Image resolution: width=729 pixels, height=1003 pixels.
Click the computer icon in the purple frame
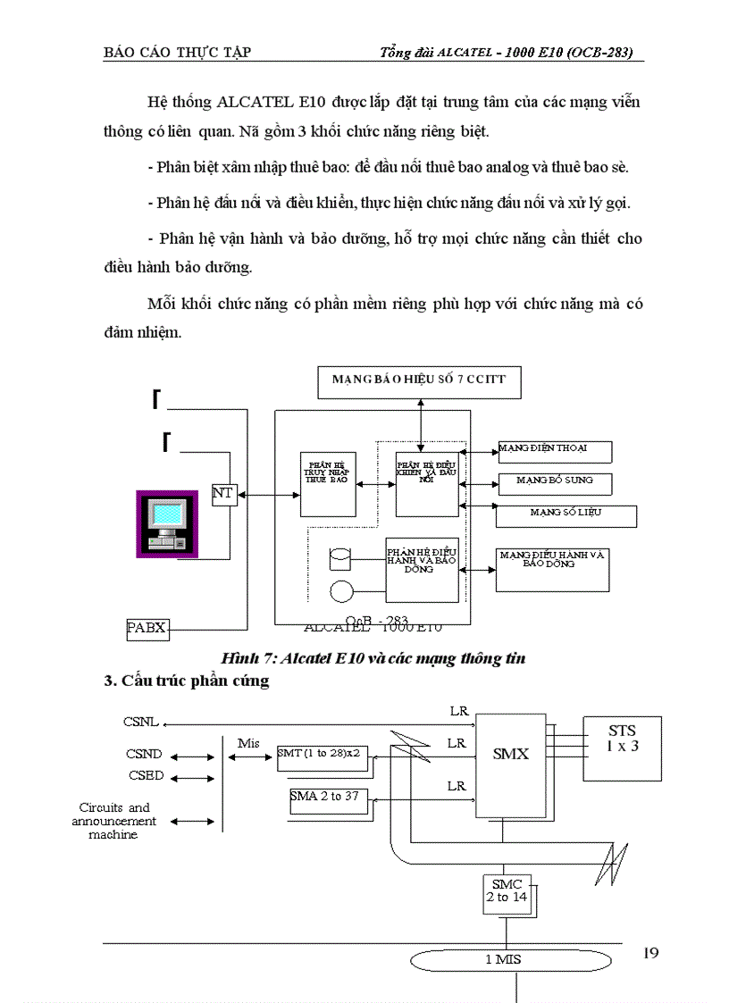167,524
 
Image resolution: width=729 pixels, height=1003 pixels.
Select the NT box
224,493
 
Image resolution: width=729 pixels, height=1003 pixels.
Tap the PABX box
147,628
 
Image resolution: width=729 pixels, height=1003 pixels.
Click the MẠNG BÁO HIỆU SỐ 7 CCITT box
419,380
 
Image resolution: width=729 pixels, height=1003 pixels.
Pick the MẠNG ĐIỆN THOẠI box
554,450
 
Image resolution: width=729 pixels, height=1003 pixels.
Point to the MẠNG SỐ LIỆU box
566,515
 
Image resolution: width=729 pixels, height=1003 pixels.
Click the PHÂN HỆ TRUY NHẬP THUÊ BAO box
327,483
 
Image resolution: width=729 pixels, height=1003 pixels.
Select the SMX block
511,753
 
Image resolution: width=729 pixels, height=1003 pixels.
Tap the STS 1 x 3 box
623,734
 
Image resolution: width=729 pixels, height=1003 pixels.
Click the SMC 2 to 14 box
507,891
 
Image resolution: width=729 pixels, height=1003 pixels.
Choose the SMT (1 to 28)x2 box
319,753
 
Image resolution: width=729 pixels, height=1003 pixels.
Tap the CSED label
145,776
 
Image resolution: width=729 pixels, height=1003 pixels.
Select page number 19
650,954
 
